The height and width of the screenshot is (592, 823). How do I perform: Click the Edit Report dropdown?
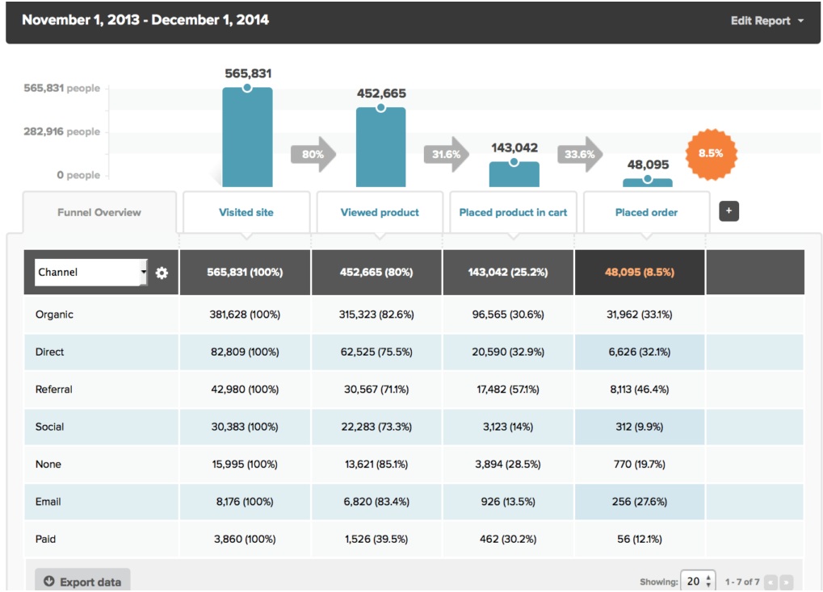[766, 21]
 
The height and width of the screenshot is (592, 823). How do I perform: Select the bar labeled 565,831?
[247, 137]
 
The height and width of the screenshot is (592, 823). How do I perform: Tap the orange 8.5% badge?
[711, 153]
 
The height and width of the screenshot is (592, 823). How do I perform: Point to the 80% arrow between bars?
[313, 154]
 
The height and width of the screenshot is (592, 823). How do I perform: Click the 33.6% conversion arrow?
[580, 154]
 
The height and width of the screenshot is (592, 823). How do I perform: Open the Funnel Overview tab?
[99, 213]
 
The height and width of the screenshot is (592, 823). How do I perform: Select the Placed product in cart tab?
[513, 213]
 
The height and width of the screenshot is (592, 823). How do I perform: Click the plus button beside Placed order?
[729, 211]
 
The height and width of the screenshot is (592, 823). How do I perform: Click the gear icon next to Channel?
[162, 273]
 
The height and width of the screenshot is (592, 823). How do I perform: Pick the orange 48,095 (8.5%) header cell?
[639, 273]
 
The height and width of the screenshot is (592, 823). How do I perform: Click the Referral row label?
[54, 390]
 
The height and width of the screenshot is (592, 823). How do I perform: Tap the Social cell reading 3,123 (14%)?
[510, 427]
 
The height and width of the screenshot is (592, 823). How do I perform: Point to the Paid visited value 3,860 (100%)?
[246, 539]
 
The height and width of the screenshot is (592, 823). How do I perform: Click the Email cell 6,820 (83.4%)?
[376, 502]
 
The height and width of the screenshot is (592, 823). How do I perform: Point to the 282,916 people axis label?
[62, 131]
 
